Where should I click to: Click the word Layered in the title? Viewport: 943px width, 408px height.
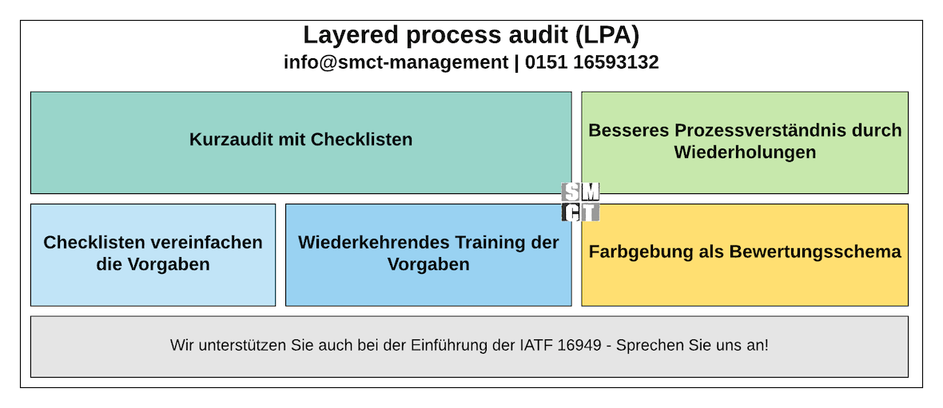[344, 35]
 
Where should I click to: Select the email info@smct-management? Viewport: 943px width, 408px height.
[396, 62]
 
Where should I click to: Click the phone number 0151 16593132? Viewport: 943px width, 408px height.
[592, 62]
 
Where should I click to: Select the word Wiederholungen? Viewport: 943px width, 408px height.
[745, 152]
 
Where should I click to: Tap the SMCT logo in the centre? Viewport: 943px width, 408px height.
[580, 202]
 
